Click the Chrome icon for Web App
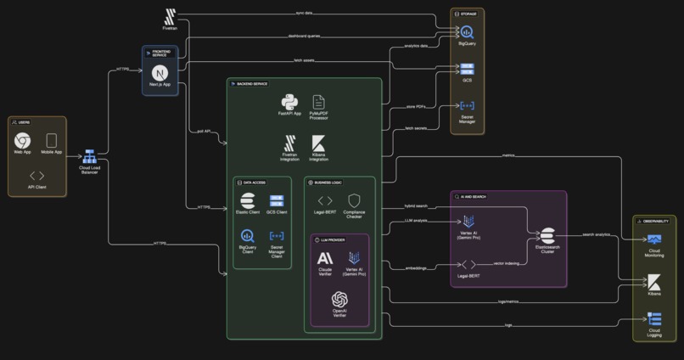(23, 140)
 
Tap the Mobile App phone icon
(51, 140)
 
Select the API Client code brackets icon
(36, 176)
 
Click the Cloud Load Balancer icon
(90, 157)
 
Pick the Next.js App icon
(160, 73)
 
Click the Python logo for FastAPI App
(291, 102)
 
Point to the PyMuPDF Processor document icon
(319, 102)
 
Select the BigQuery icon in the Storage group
(468, 32)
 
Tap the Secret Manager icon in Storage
(468, 106)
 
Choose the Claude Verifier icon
(325, 257)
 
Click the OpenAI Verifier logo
(339, 299)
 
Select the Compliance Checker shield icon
(355, 200)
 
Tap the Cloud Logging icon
(654, 319)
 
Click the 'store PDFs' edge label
(417, 106)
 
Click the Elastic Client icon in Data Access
(247, 200)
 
